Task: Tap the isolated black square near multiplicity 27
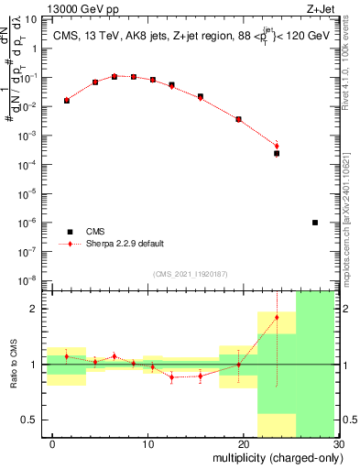315,223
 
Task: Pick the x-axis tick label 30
338,446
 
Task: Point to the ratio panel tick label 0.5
34,420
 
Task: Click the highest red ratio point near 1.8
277,317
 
